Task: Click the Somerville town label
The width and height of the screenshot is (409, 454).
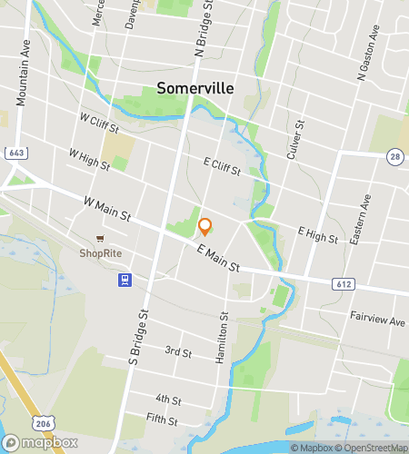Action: point(195,88)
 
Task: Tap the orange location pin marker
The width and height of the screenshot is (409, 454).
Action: point(205,227)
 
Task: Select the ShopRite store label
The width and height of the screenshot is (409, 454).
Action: point(101,253)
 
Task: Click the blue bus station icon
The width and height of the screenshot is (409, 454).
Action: point(124,280)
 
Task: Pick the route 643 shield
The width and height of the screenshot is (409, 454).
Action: point(15,153)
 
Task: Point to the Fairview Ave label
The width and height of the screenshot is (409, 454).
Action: point(377,320)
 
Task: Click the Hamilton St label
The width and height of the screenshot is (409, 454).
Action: point(222,339)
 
